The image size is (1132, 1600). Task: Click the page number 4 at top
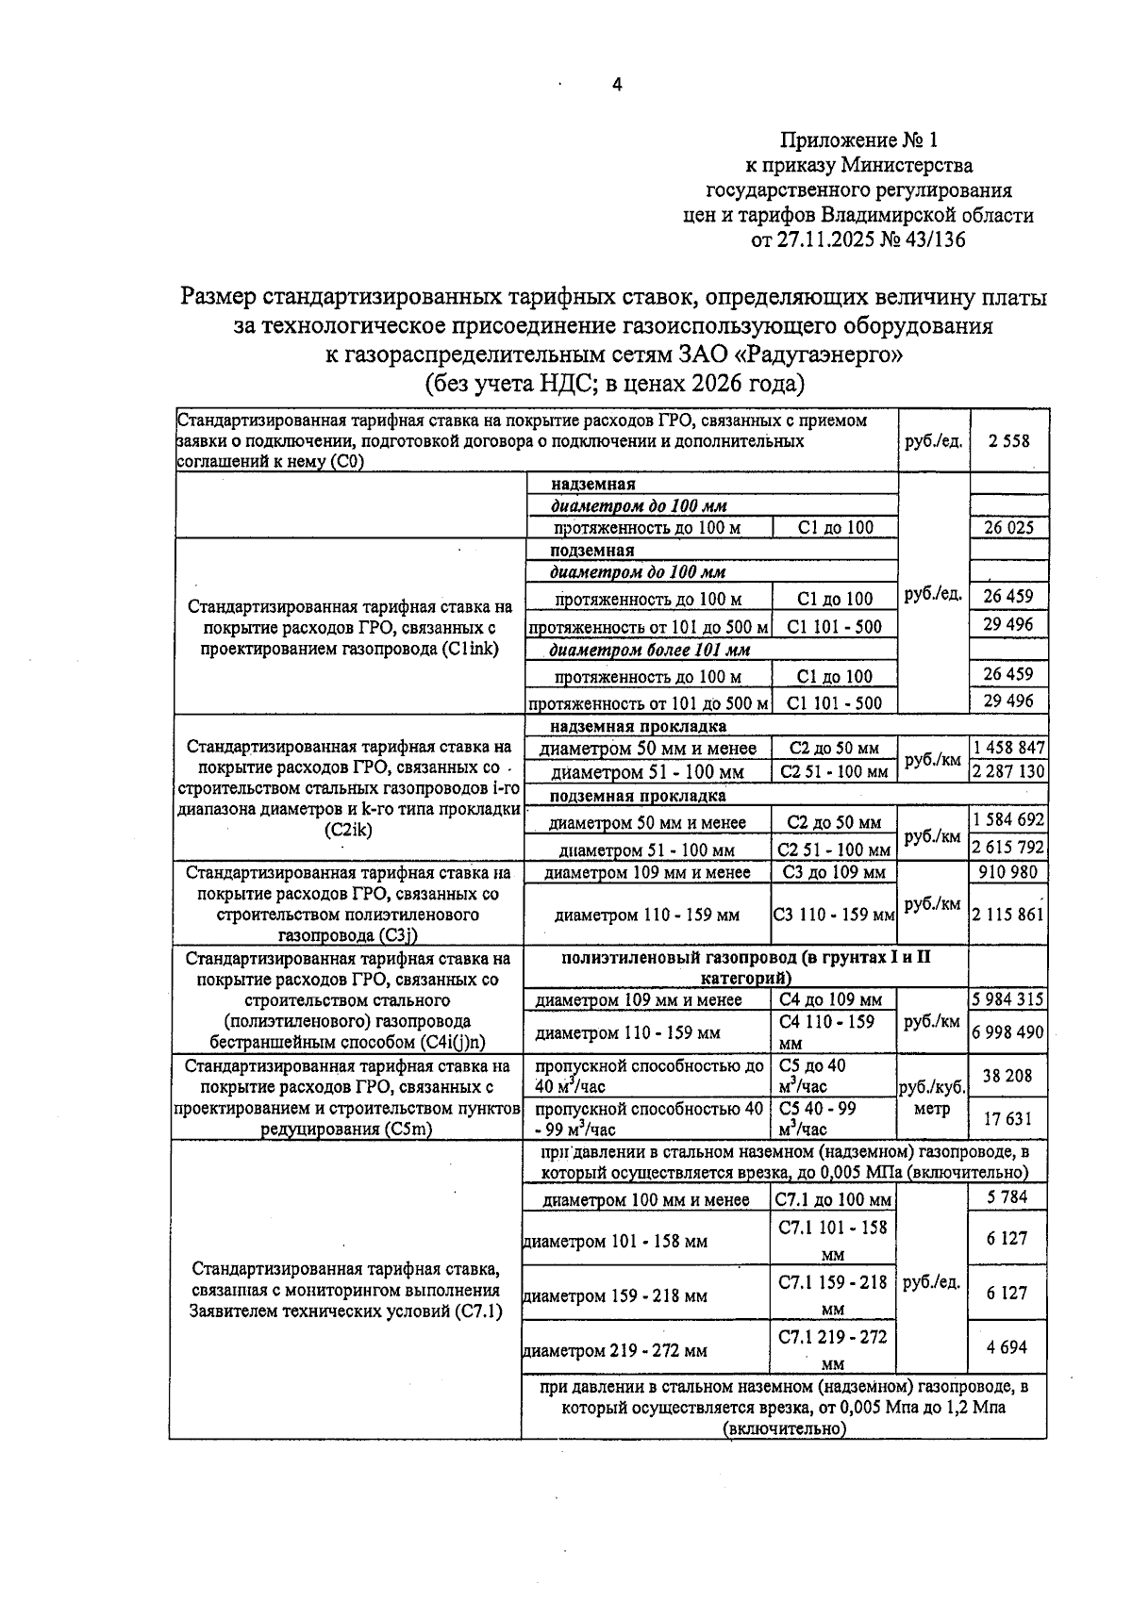[x=617, y=86]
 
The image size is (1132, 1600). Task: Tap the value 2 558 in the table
[x=1008, y=440]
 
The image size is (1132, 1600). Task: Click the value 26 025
[x=1008, y=528]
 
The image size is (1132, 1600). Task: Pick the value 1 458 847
[x=1008, y=748]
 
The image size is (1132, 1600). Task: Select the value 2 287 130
[x=1008, y=771]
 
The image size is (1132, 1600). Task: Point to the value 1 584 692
[x=1008, y=819]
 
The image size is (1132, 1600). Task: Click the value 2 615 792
[x=1008, y=847]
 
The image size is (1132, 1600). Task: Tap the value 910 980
[x=1008, y=872]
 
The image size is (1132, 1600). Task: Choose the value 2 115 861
[x=1008, y=914]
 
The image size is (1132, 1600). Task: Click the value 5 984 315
[x=1008, y=999]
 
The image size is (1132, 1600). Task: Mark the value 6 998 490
[x=1008, y=1032]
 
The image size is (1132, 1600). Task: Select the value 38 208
[x=1007, y=1076]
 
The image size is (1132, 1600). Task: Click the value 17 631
[x=1007, y=1119]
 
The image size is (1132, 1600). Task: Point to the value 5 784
[x=1007, y=1197]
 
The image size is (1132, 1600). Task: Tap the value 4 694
[x=1007, y=1347]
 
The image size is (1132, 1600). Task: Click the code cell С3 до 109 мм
[x=834, y=873]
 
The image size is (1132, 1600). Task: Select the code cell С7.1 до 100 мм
[x=833, y=1200]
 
